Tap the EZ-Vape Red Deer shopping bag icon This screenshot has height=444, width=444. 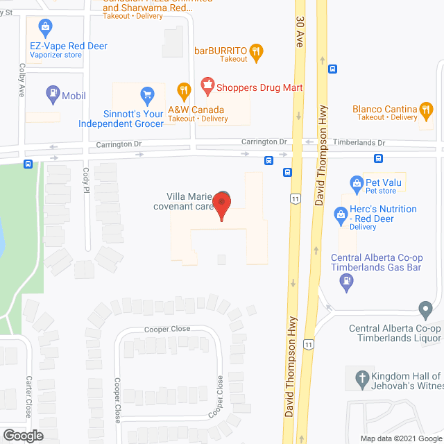coord(45,28)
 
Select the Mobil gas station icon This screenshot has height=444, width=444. coord(53,92)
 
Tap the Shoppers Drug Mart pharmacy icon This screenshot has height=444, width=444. coord(205,85)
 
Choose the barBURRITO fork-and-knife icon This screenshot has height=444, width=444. coord(257,49)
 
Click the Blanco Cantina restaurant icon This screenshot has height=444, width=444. coord(428,109)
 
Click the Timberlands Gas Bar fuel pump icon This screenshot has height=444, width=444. coord(345,281)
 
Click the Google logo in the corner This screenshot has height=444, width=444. coord(23,435)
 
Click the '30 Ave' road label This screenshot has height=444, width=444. coord(300,31)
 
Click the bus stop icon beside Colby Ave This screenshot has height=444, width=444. coord(28,164)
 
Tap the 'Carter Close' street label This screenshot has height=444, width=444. coord(29,395)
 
